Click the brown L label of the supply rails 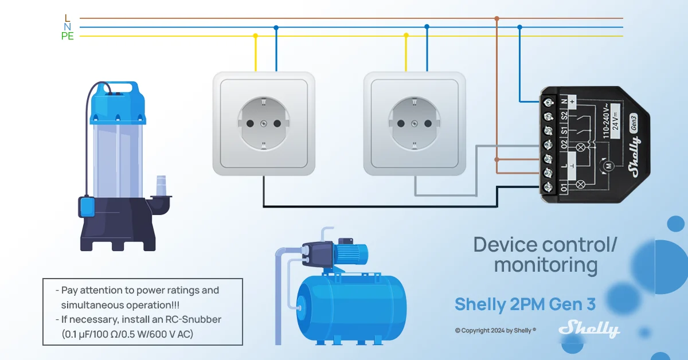pyautogui.click(x=68, y=18)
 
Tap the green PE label pyautogui.click(x=68, y=36)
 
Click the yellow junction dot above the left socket pyautogui.click(x=255, y=36)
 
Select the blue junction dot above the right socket pyautogui.click(x=427, y=27)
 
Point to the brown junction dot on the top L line pyautogui.click(x=497, y=18)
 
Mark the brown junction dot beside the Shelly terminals pyautogui.click(x=497, y=159)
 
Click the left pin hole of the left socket pyautogui.click(x=250, y=123)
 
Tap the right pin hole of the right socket pyautogui.click(x=428, y=123)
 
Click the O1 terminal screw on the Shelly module pyautogui.click(x=548, y=187)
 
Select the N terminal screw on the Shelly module pyautogui.click(x=548, y=102)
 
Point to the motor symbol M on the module pyautogui.click(x=608, y=166)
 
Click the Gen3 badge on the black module pyautogui.click(x=634, y=123)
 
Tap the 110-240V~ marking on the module pyautogui.click(x=606, y=121)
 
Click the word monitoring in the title pyautogui.click(x=546, y=265)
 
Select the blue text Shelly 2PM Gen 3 pyautogui.click(x=525, y=304)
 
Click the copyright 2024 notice pyautogui.click(x=495, y=331)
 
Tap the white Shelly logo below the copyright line pyautogui.click(x=589, y=329)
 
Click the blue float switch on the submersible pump pyautogui.click(x=87, y=206)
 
